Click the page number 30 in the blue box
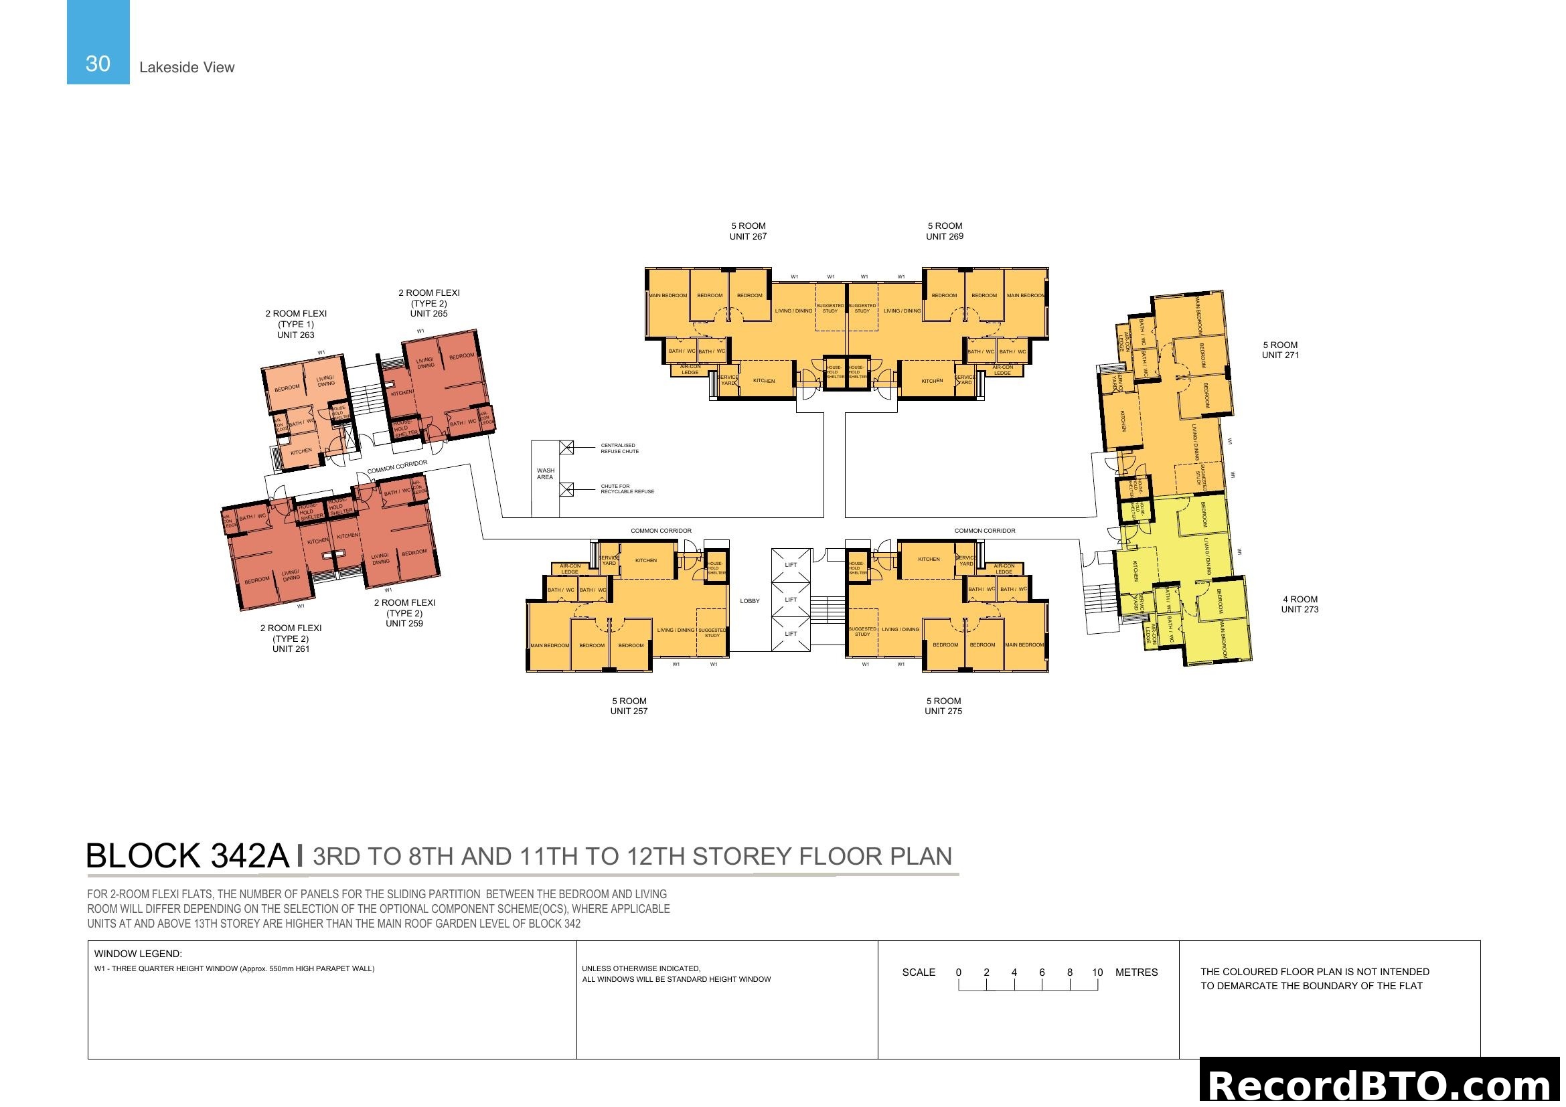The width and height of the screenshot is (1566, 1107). tap(98, 64)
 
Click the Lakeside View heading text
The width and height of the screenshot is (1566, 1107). tap(186, 68)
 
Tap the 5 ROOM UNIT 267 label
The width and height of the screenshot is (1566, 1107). tap(748, 231)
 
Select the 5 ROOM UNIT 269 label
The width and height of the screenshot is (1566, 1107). tap(944, 231)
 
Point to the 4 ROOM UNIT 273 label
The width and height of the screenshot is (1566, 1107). tap(1300, 604)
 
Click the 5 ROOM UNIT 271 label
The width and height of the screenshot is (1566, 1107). tap(1279, 349)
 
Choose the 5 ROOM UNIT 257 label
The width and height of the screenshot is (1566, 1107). tap(628, 705)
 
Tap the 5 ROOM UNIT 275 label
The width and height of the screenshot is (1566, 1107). tap(943, 705)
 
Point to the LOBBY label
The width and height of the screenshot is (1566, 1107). tap(749, 601)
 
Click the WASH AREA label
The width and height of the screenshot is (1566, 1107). tap(545, 474)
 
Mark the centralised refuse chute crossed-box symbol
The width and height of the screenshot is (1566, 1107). tap(566, 448)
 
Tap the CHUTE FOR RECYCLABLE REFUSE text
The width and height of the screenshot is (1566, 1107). tap(626, 489)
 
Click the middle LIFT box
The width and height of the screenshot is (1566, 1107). tap(791, 600)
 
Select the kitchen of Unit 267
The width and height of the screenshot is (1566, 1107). tap(763, 381)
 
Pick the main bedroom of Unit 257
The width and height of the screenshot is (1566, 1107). tap(549, 645)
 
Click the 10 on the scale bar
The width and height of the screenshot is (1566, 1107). tap(1097, 972)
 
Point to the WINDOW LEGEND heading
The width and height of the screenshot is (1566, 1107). tap(138, 954)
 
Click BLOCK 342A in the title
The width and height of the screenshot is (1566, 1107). tap(187, 856)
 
